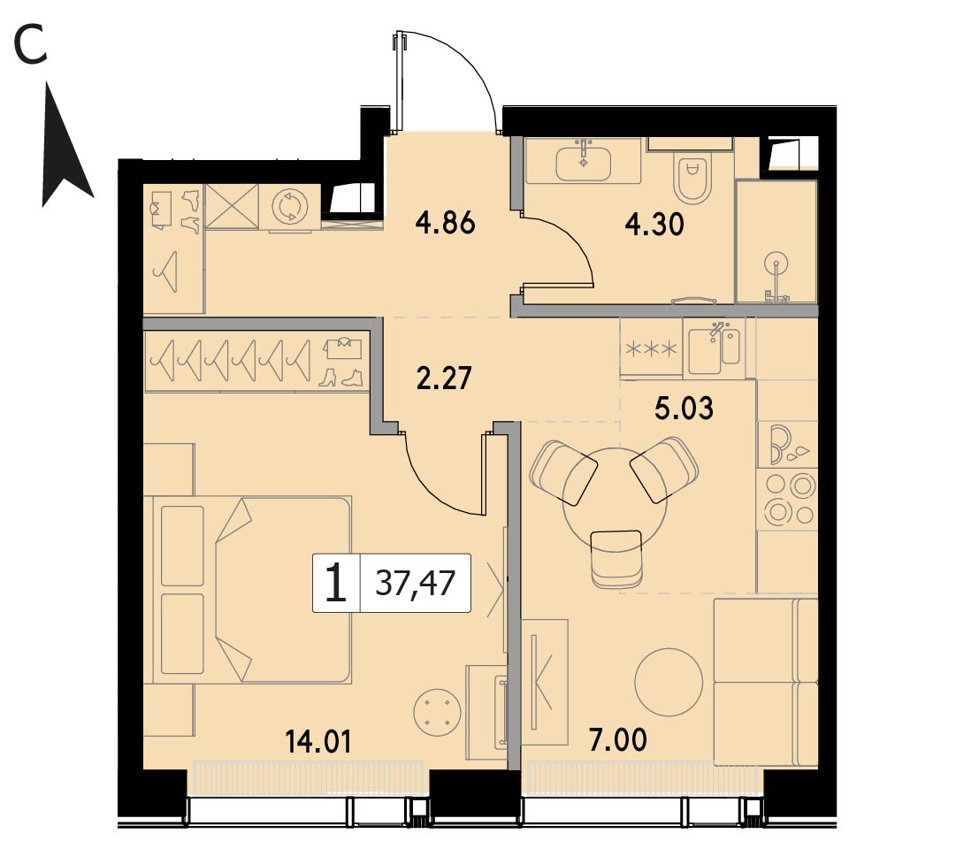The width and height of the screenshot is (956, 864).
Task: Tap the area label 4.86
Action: click(445, 223)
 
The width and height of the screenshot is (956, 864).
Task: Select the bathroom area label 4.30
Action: click(654, 225)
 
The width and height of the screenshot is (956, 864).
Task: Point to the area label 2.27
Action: click(444, 378)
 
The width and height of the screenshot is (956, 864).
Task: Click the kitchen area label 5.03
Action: click(684, 409)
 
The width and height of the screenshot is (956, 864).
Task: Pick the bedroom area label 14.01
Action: click(318, 742)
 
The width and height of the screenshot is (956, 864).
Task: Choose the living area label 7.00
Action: click(618, 740)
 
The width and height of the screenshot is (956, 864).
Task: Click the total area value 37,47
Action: click(415, 582)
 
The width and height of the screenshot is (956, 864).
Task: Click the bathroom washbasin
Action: click(584, 162)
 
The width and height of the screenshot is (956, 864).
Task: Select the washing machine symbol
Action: click(289, 207)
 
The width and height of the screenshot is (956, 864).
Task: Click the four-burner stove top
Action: click(787, 499)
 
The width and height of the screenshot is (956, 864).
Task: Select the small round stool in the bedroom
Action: click(435, 712)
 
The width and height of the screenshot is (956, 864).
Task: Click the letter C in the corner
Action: click(30, 46)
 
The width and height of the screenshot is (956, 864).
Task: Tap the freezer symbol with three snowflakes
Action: click(652, 349)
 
